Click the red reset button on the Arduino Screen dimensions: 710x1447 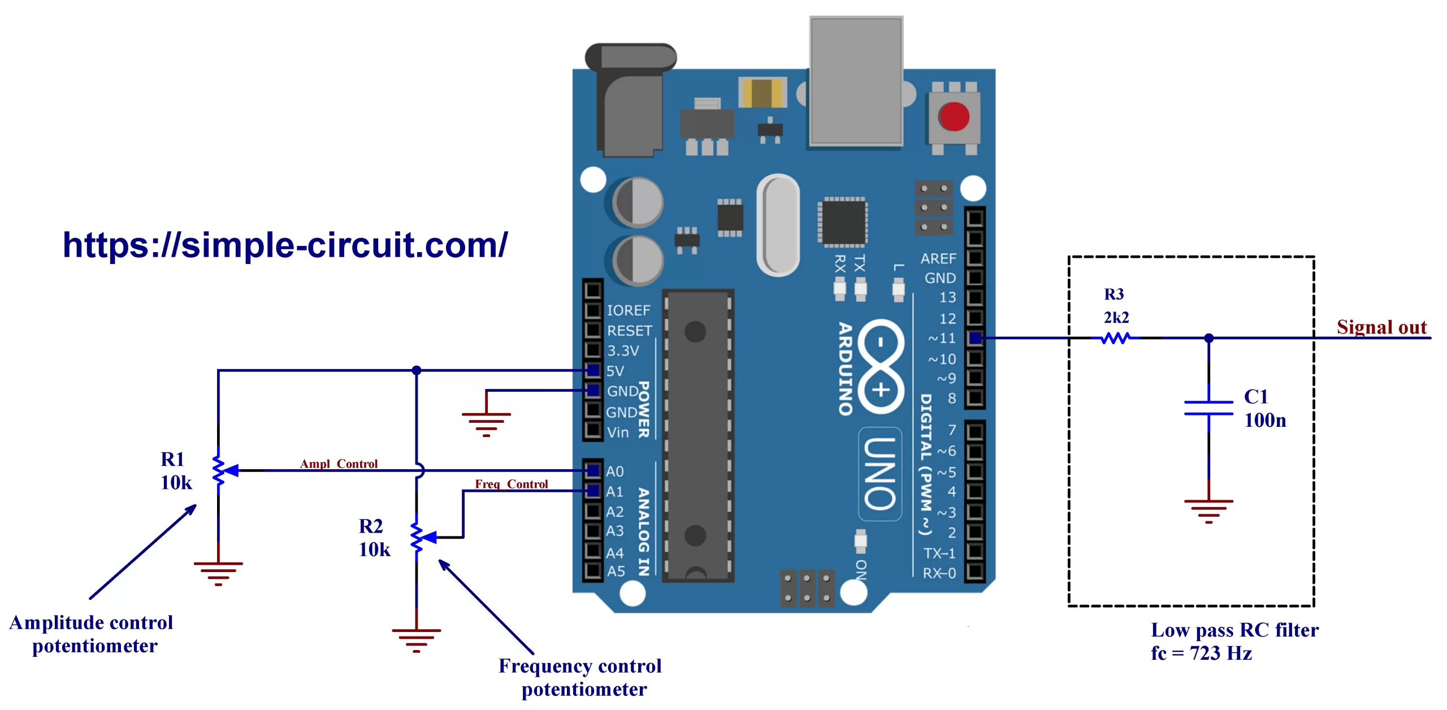pos(953,117)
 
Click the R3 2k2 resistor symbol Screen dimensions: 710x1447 pos(1115,338)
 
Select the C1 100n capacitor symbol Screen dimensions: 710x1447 pos(1208,408)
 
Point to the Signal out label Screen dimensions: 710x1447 pos(1381,327)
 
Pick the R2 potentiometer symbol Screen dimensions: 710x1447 pos(417,537)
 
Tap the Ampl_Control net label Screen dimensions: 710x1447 pos(339,464)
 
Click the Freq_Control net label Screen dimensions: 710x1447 pos(511,484)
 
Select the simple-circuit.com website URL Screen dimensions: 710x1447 pos(285,245)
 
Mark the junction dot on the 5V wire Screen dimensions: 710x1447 pos(417,370)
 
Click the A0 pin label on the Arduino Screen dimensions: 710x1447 pos(615,471)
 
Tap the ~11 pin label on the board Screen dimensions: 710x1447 pos(942,338)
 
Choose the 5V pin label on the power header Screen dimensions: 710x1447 pos(615,371)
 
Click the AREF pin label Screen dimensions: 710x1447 pos(938,258)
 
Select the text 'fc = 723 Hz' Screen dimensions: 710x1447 pos(1201,653)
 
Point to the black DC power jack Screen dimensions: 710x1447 pos(630,102)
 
